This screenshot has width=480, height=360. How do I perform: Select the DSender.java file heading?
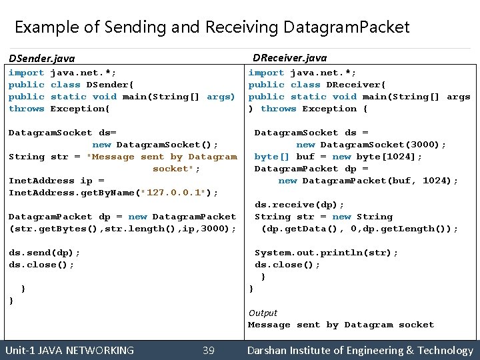coord(41,59)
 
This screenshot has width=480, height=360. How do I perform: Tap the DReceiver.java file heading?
coord(290,58)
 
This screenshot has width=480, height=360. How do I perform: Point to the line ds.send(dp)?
coord(44,253)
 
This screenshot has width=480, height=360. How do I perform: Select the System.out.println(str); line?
coord(327,253)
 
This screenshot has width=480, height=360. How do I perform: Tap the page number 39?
coord(208,350)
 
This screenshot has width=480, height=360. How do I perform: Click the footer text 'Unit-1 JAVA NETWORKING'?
coord(69,350)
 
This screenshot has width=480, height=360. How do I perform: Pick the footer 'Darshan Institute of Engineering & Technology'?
coord(360,350)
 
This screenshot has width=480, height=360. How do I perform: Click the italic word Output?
coord(263,313)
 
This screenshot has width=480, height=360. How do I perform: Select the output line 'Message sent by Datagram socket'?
coord(341,325)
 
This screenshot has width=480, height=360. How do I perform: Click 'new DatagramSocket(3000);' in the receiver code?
coord(371,145)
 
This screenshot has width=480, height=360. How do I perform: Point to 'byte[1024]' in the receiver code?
coord(393,157)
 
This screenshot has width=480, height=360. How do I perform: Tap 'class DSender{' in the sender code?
coord(92,85)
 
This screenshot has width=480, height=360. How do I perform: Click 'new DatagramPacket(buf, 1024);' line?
coord(368,181)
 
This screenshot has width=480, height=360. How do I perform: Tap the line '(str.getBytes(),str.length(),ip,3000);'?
coord(122,229)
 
